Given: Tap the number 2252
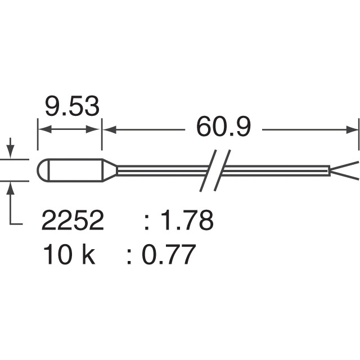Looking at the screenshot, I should pyautogui.click(x=73, y=221).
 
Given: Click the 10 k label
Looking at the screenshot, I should pyautogui.click(x=69, y=255).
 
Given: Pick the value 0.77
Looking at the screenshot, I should pyautogui.click(x=168, y=255).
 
